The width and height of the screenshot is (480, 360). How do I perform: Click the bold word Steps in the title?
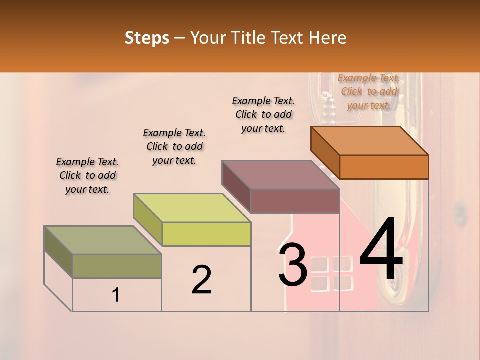tap(147, 38)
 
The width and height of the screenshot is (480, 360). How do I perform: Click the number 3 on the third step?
tap(292, 264)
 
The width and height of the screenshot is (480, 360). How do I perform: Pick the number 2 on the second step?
tap(201, 279)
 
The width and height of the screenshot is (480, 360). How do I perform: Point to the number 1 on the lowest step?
tap(116, 295)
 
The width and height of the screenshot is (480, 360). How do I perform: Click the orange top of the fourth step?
tap(370, 141)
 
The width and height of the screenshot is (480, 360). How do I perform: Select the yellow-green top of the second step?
tap(192, 208)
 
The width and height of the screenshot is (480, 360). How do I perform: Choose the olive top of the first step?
tap(103, 240)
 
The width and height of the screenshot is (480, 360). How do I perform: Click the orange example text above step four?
tap(369, 91)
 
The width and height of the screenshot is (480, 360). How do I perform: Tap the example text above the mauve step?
tap(263, 114)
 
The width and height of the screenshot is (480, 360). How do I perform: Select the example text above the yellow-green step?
tap(174, 146)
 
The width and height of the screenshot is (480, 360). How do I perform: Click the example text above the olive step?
tap(87, 175)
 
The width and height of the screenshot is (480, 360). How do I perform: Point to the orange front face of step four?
tap(384, 167)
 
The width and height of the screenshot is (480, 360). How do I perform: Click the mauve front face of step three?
tap(295, 201)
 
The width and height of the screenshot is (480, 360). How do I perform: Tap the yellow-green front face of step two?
tap(206, 234)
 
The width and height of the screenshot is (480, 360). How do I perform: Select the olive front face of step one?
tap(117, 266)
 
